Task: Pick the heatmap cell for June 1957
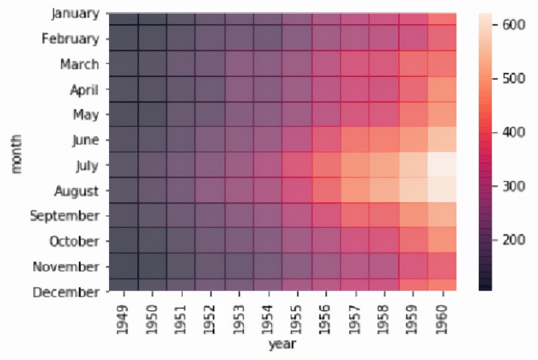356,139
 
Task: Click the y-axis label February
70,38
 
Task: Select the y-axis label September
65,215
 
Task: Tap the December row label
66,292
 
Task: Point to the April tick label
84,90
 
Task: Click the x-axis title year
282,345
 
